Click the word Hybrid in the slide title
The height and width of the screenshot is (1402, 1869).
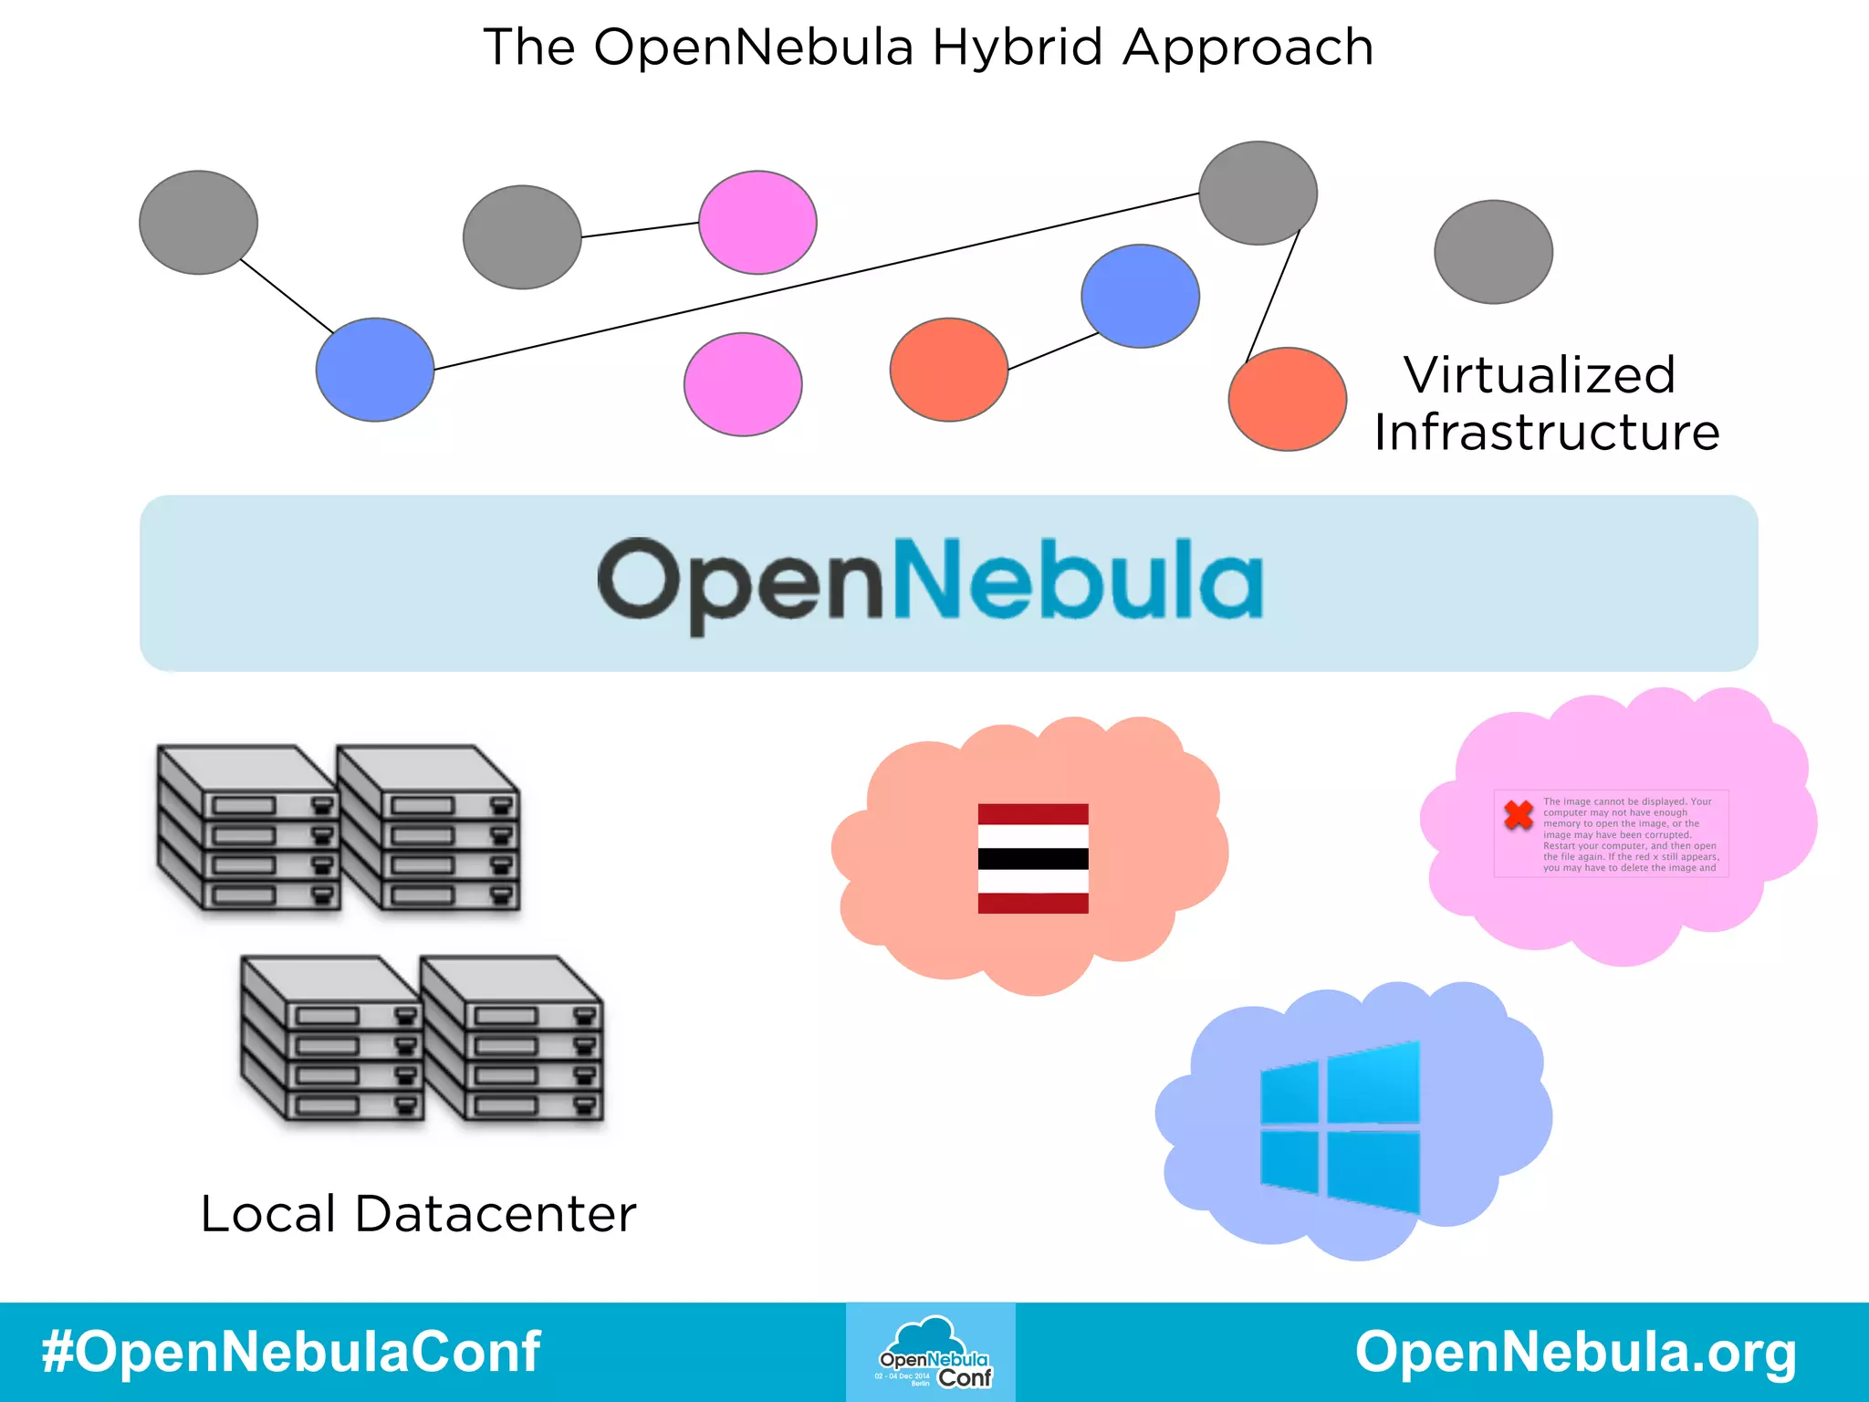[x=1017, y=47]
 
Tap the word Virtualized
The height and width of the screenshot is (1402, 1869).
[x=1540, y=375]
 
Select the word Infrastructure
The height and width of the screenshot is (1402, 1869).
[x=1547, y=432]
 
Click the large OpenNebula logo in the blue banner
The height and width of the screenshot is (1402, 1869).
[x=930, y=581]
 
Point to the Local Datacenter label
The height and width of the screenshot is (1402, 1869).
[x=418, y=1214]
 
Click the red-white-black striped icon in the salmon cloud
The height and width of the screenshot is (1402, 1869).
[x=1033, y=858]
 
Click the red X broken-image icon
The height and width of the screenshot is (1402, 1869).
[x=1519, y=814]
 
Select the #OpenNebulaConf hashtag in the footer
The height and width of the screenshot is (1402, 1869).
[x=291, y=1352]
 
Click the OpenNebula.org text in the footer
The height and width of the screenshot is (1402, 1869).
[x=1576, y=1352]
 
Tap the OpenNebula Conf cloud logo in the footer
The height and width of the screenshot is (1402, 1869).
[x=931, y=1353]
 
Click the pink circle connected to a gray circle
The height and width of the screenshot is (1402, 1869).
[x=757, y=222]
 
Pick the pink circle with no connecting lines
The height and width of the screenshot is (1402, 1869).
[x=743, y=384]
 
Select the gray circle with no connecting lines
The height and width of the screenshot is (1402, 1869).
[x=1493, y=252]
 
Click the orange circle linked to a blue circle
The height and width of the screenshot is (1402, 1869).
[x=949, y=370]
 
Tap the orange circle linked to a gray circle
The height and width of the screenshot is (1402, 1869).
[x=1287, y=399]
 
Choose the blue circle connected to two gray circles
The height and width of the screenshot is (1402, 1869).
[x=375, y=370]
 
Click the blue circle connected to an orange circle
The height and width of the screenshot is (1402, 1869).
[x=1140, y=296]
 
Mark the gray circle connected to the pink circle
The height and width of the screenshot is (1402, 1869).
[x=522, y=237]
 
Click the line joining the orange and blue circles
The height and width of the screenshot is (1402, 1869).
[x=1053, y=351]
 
